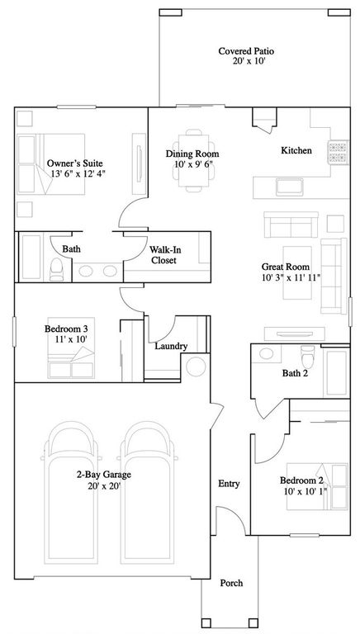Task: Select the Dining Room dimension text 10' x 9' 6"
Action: coord(192,165)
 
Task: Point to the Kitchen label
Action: coord(296,150)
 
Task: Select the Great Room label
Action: coord(284,267)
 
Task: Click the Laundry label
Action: coord(171,346)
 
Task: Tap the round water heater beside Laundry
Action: coord(197,366)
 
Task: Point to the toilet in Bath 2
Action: coord(307,357)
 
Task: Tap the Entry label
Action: coord(228,484)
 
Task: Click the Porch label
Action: coord(231,583)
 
